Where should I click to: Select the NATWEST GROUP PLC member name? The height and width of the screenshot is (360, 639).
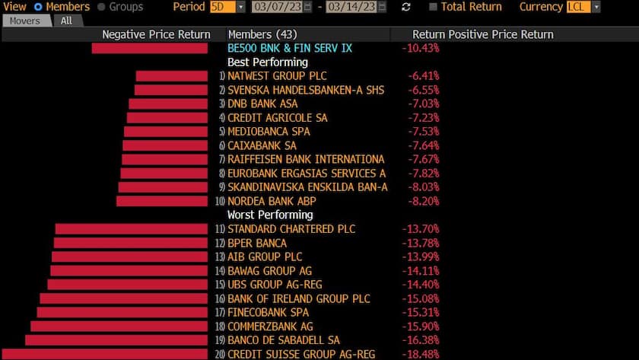pos(277,76)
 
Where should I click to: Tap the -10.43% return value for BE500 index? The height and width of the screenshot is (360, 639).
pos(420,48)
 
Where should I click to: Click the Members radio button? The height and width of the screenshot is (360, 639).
pos(38,7)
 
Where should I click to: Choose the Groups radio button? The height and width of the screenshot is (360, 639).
pos(102,7)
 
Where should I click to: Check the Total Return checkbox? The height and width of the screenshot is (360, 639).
pos(433,7)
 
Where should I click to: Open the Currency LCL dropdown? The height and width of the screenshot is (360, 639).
pos(583,7)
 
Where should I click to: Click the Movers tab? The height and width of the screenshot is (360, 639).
pos(24,21)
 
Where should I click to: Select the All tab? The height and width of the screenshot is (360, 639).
pos(67,21)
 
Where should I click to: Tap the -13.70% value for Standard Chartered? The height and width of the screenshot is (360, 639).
pos(420,229)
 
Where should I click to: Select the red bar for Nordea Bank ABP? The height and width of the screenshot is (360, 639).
pos(162,201)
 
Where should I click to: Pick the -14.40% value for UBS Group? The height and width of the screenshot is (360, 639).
pos(420,285)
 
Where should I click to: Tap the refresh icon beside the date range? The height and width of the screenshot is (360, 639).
pos(406,7)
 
